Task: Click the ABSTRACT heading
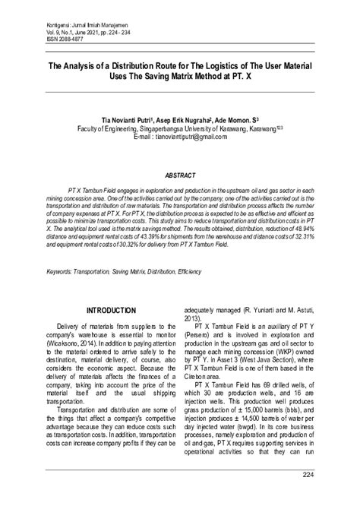click(x=180, y=174)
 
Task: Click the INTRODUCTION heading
click(x=111, y=311)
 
